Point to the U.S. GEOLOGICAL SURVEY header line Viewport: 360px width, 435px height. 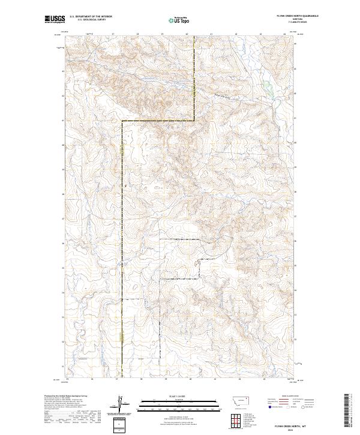point(91,20)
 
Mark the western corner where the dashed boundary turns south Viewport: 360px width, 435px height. point(123,121)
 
